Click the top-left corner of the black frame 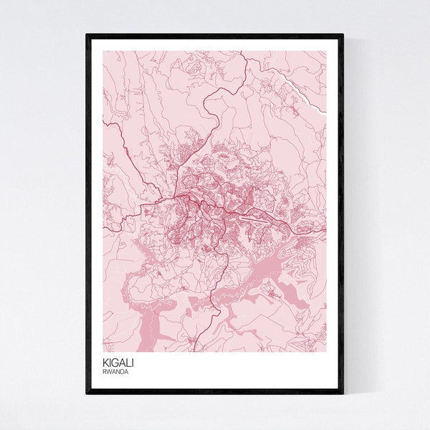point(87,34)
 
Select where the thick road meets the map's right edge point(325,231)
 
